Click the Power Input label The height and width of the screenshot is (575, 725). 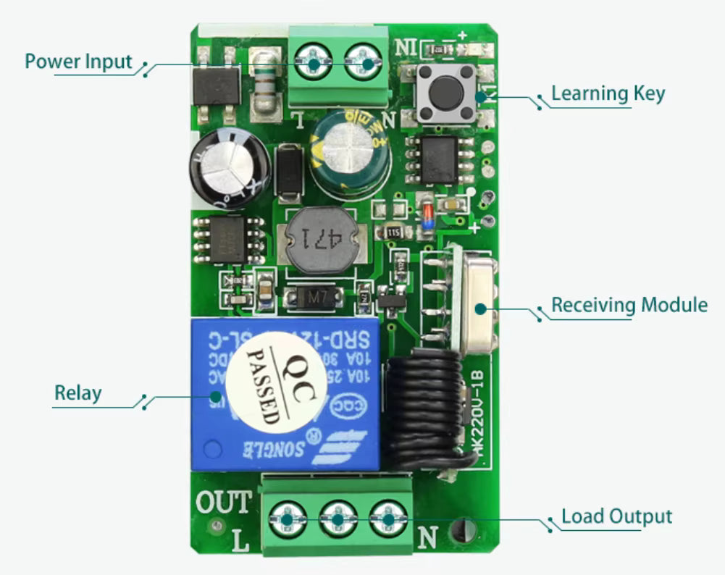point(78,62)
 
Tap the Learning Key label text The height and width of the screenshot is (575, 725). point(608,93)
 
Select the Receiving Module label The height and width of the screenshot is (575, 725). point(629,305)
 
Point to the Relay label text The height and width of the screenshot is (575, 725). point(77,394)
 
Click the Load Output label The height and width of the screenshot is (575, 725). point(616,517)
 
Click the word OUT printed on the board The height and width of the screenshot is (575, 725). point(224,501)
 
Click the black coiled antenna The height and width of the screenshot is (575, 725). point(422,411)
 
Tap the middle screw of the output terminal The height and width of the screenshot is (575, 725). point(336,518)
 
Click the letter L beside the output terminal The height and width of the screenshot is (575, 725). point(244,540)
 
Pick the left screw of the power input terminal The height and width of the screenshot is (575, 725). point(314,64)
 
